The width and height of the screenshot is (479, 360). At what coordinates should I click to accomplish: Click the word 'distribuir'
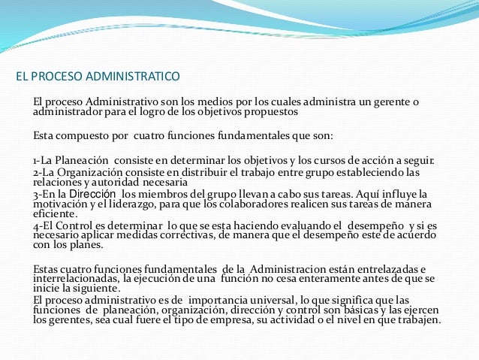(x=202, y=172)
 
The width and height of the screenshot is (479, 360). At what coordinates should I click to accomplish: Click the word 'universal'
(x=267, y=301)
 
